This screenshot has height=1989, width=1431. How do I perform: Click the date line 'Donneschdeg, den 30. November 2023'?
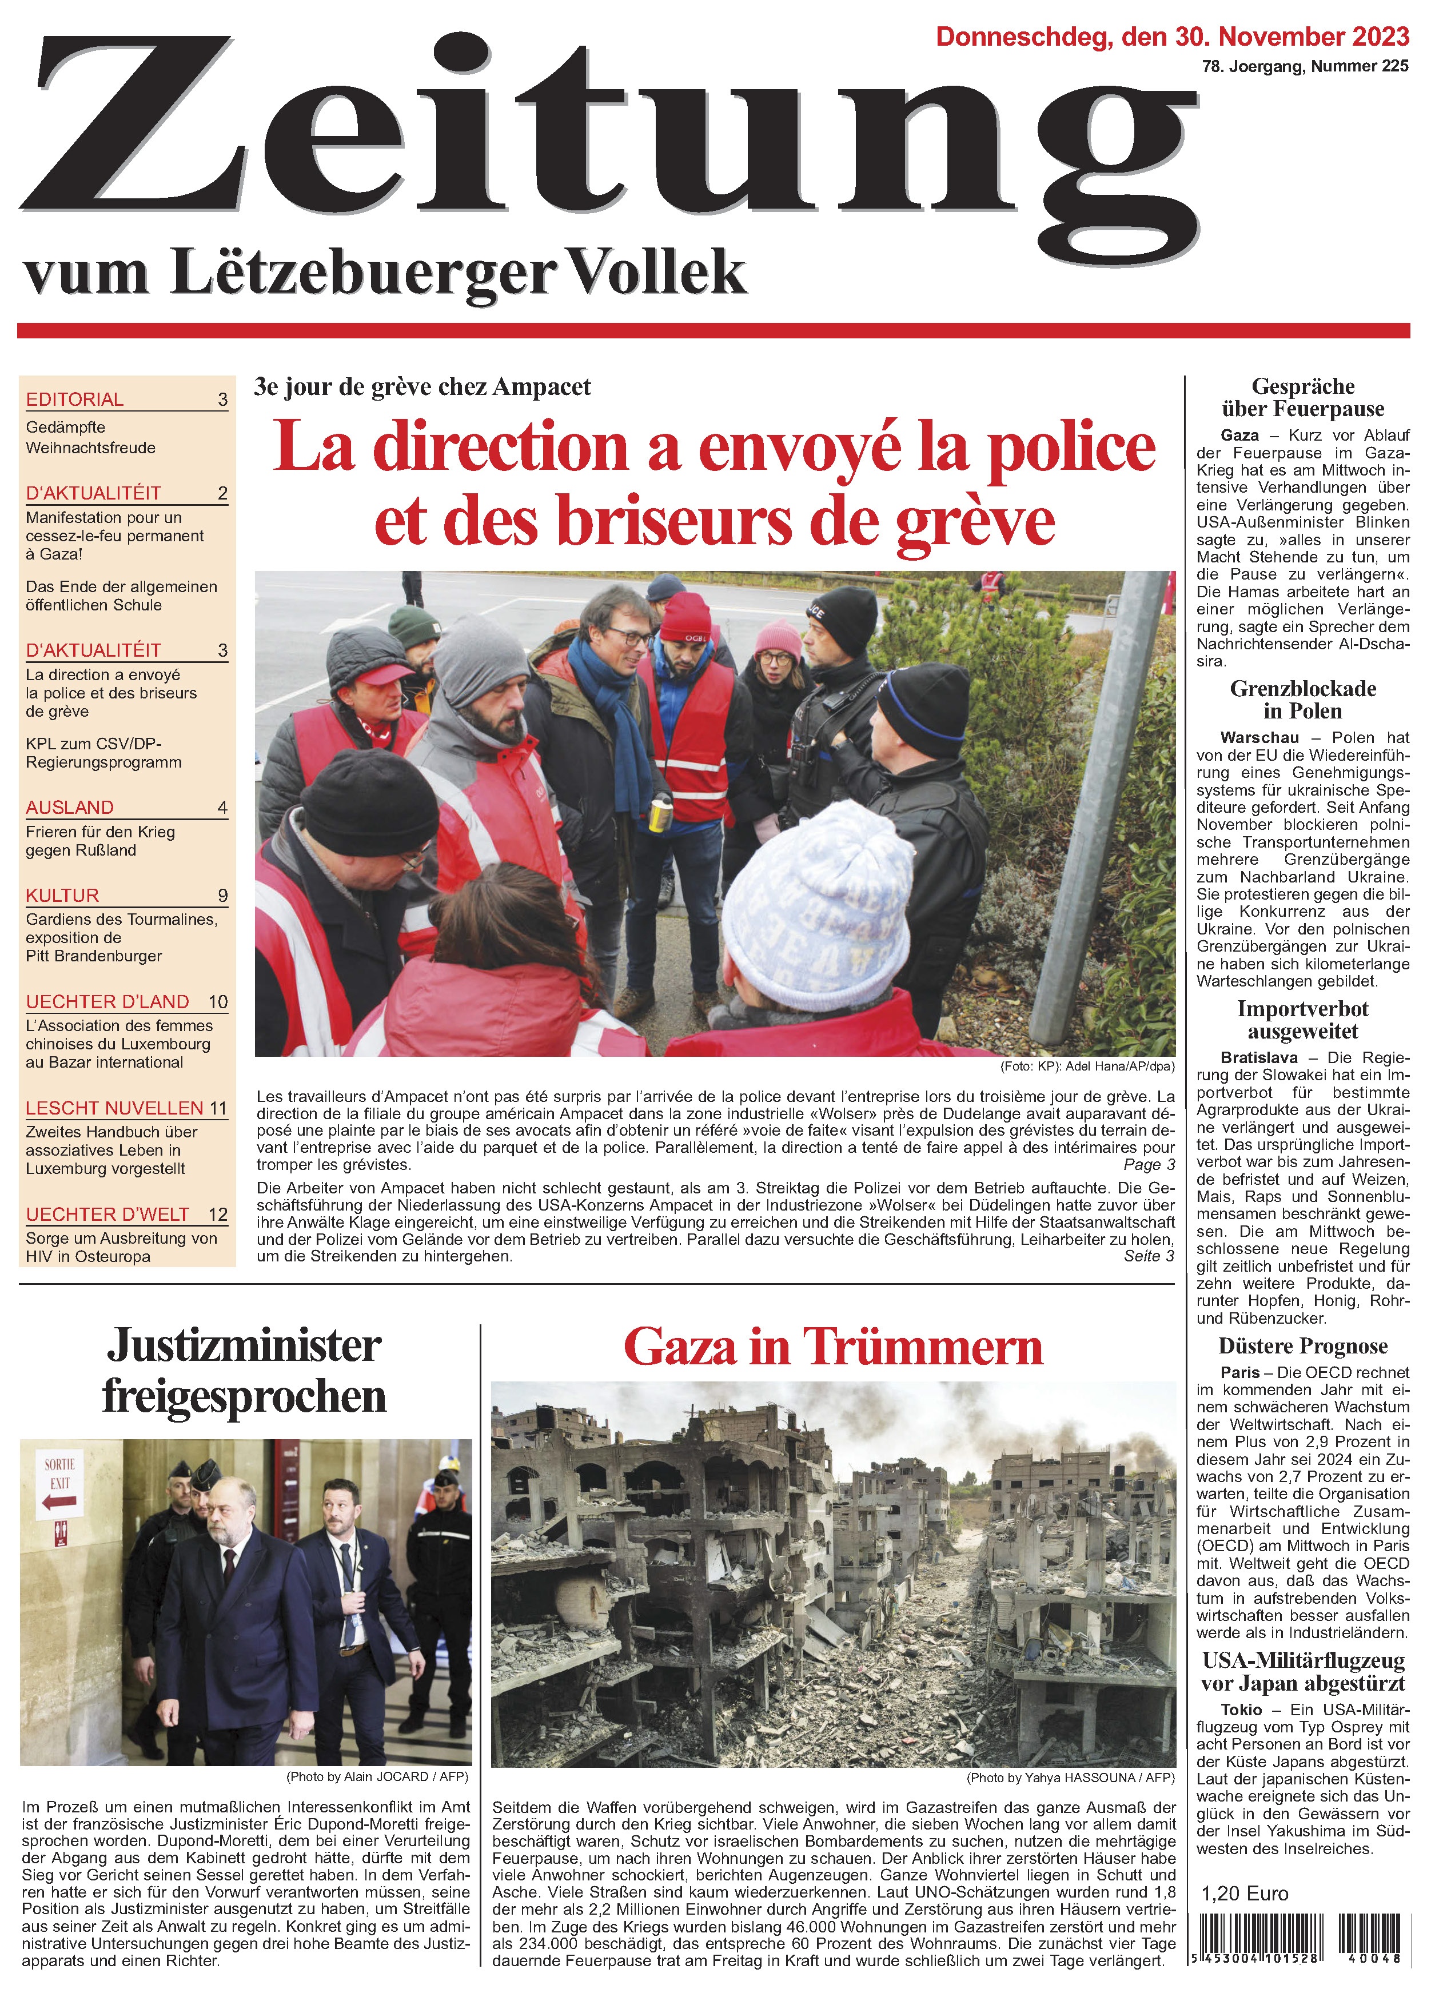(1171, 37)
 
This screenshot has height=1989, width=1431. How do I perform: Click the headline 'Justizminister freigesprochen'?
(244, 1370)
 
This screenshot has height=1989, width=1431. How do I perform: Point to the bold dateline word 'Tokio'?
(1241, 1710)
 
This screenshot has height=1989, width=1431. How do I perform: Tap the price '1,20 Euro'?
(1244, 1894)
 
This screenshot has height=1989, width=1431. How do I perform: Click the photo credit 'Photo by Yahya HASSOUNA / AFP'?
(1070, 1778)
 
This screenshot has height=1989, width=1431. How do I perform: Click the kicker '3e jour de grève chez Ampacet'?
(422, 387)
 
